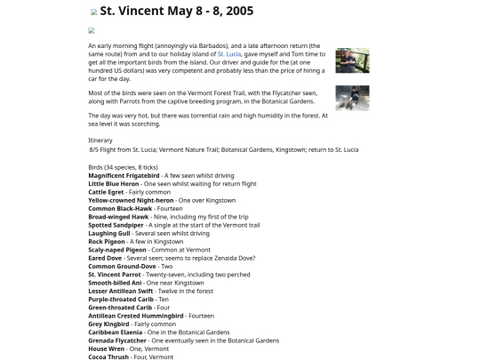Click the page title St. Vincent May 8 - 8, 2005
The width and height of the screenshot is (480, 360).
pos(177,12)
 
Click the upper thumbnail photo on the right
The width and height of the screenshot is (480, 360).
pos(352,60)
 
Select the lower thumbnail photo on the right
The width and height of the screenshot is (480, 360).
pos(352,98)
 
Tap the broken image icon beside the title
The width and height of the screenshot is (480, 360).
pos(94,12)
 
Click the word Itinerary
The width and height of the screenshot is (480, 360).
pos(100,140)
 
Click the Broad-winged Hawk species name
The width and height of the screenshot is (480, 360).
pos(119,216)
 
